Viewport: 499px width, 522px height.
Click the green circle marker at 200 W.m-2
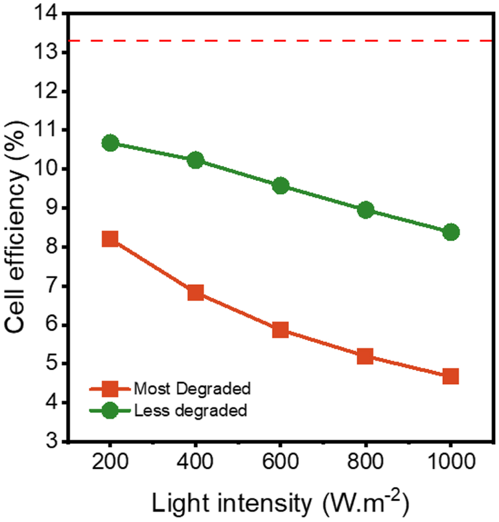(x=110, y=143)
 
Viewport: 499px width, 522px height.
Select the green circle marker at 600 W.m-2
(x=281, y=186)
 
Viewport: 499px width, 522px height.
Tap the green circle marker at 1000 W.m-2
(x=451, y=232)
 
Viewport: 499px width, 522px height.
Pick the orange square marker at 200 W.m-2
(x=110, y=239)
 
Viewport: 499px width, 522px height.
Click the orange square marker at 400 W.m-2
(x=195, y=293)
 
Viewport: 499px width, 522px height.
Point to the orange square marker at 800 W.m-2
(x=365, y=356)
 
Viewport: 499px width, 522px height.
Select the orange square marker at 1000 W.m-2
(x=451, y=377)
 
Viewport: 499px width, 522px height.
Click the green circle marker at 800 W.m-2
(x=366, y=210)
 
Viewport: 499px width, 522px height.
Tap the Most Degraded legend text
(x=192, y=389)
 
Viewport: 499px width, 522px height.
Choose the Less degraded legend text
(x=190, y=411)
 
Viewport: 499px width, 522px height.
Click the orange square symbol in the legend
(x=110, y=389)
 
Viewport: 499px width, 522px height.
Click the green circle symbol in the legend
(x=110, y=411)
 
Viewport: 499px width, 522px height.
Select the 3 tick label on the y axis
(x=52, y=441)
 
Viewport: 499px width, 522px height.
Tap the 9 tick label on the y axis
(x=52, y=208)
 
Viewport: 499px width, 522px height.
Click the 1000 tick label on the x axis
(x=451, y=462)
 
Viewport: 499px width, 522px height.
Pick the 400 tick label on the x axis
(x=195, y=462)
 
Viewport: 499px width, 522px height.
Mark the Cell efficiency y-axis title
(x=16, y=226)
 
